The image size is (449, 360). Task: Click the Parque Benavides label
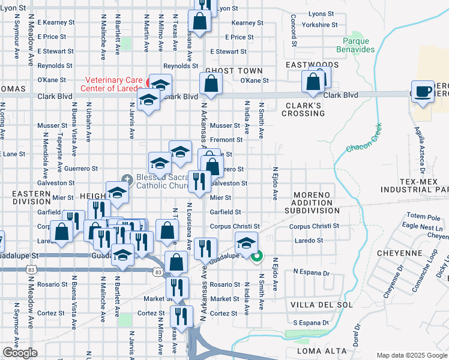358,45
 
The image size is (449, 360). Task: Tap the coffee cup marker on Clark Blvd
424,91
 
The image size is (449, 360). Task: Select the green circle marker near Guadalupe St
257,258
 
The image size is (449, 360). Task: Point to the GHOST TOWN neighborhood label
228,71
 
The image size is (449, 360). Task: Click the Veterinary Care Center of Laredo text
113,85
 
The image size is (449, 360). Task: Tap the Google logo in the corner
20,353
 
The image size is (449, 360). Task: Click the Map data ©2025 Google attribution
412,355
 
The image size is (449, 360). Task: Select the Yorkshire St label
320,25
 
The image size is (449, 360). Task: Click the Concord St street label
294,31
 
